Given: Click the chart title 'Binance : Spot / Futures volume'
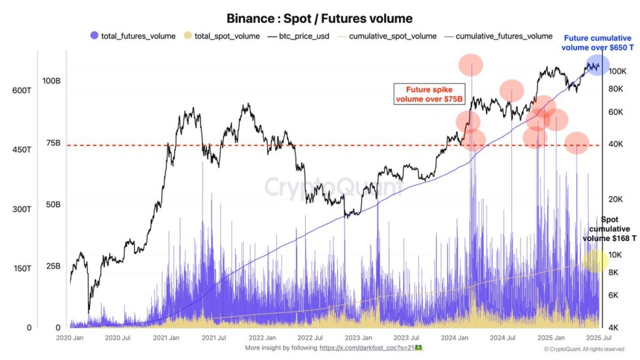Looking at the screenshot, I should pyautogui.click(x=319, y=19).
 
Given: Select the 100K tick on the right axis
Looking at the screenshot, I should pyautogui.click(x=617, y=71).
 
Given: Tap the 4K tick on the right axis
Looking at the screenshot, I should pyautogui.click(x=615, y=327).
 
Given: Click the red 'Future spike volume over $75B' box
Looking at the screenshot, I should pyautogui.click(x=426, y=94).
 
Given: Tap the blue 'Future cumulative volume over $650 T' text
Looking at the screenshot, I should pyautogui.click(x=597, y=42).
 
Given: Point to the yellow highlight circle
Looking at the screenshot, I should pyautogui.click(x=596, y=261).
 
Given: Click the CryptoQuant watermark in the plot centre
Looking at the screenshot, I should pyautogui.click(x=334, y=188).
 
